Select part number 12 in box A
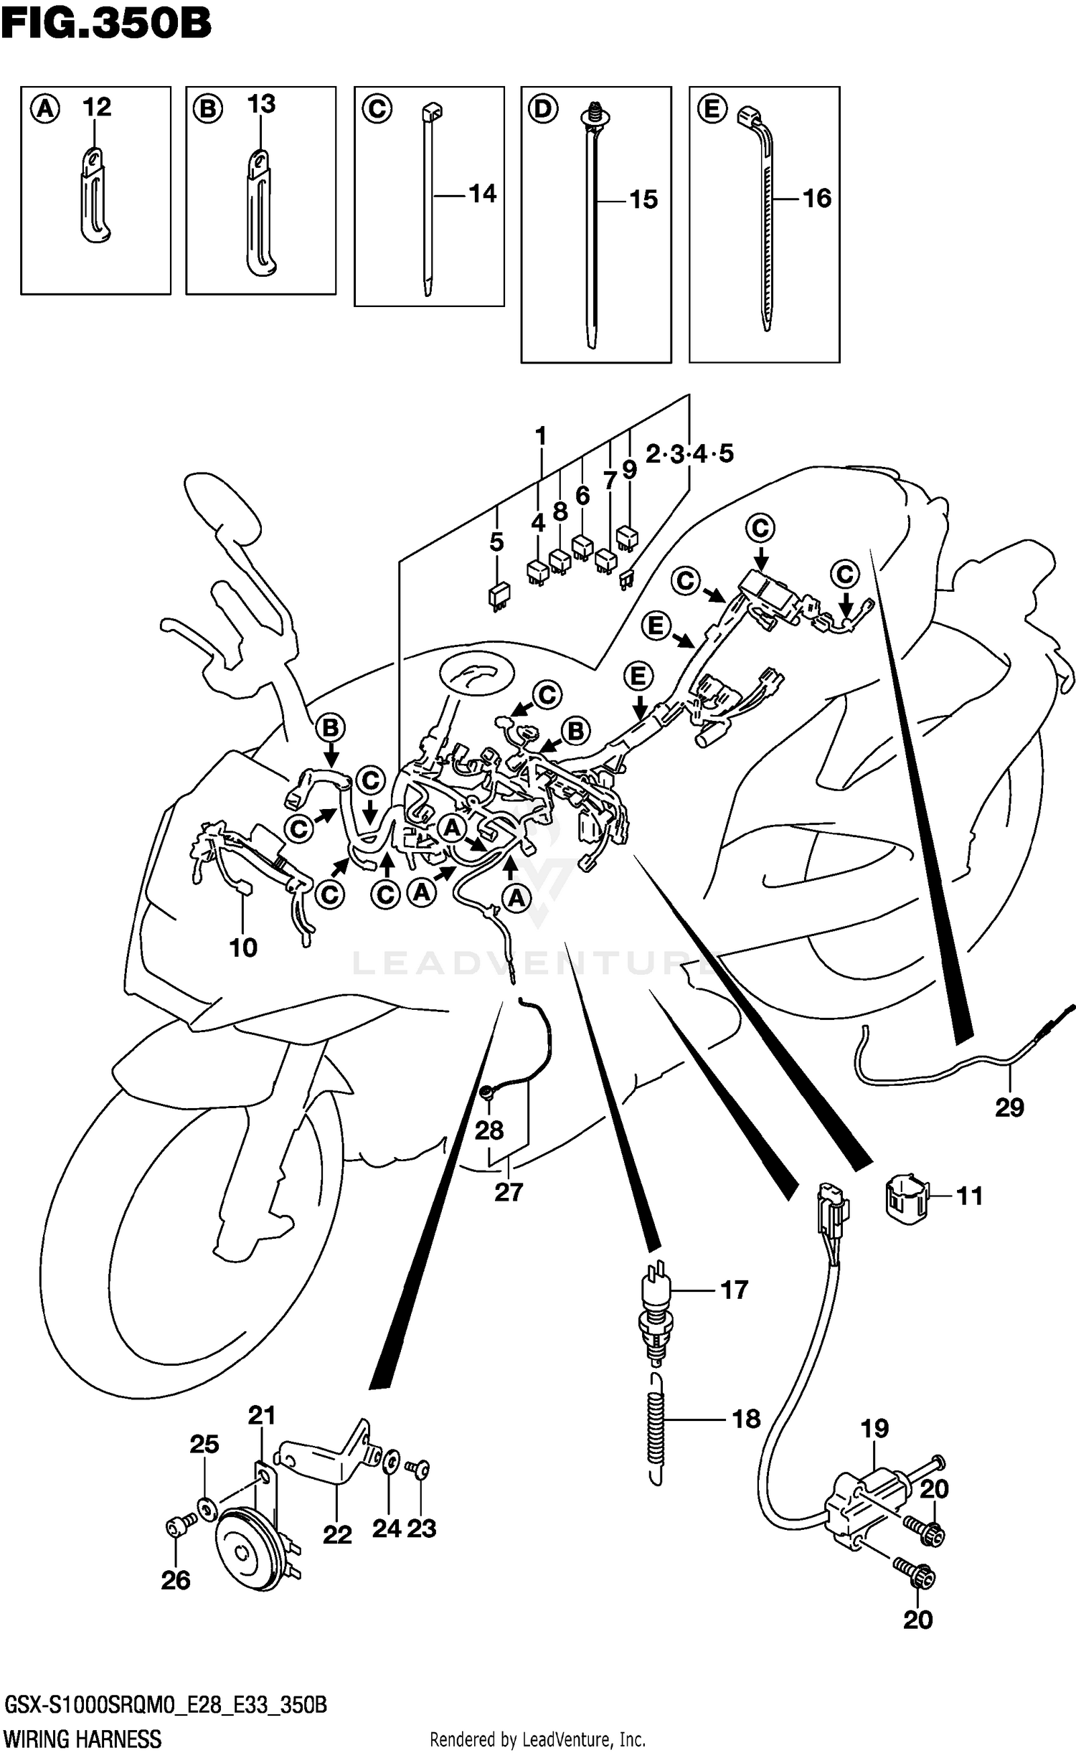[97, 108]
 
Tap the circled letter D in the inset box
[542, 109]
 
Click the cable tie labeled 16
[765, 222]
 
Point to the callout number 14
[482, 194]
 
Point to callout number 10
[243, 948]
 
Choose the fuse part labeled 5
[499, 596]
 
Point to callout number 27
[508, 1191]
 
